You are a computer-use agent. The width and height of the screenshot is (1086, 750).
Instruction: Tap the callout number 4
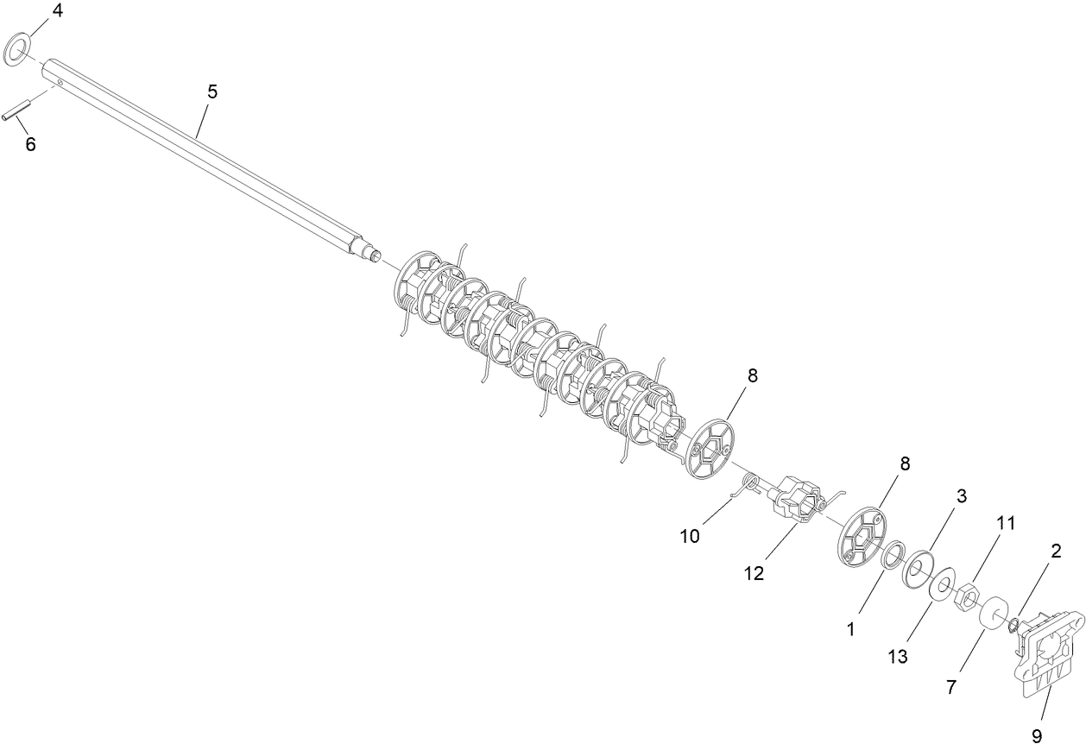pyautogui.click(x=57, y=10)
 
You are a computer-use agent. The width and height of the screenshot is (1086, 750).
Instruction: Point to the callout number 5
pyautogui.click(x=212, y=91)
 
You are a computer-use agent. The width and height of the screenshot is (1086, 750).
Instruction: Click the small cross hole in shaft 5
pyautogui.click(x=60, y=83)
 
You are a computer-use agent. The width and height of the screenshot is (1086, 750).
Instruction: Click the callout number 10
pyautogui.click(x=690, y=536)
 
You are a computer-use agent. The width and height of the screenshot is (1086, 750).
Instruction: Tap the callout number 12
pyautogui.click(x=754, y=574)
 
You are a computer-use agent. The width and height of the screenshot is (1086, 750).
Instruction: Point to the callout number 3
pyautogui.click(x=961, y=496)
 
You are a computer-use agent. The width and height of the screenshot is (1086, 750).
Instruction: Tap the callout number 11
pyautogui.click(x=1006, y=523)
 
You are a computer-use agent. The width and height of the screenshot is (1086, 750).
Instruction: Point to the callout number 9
pyautogui.click(x=1037, y=737)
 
